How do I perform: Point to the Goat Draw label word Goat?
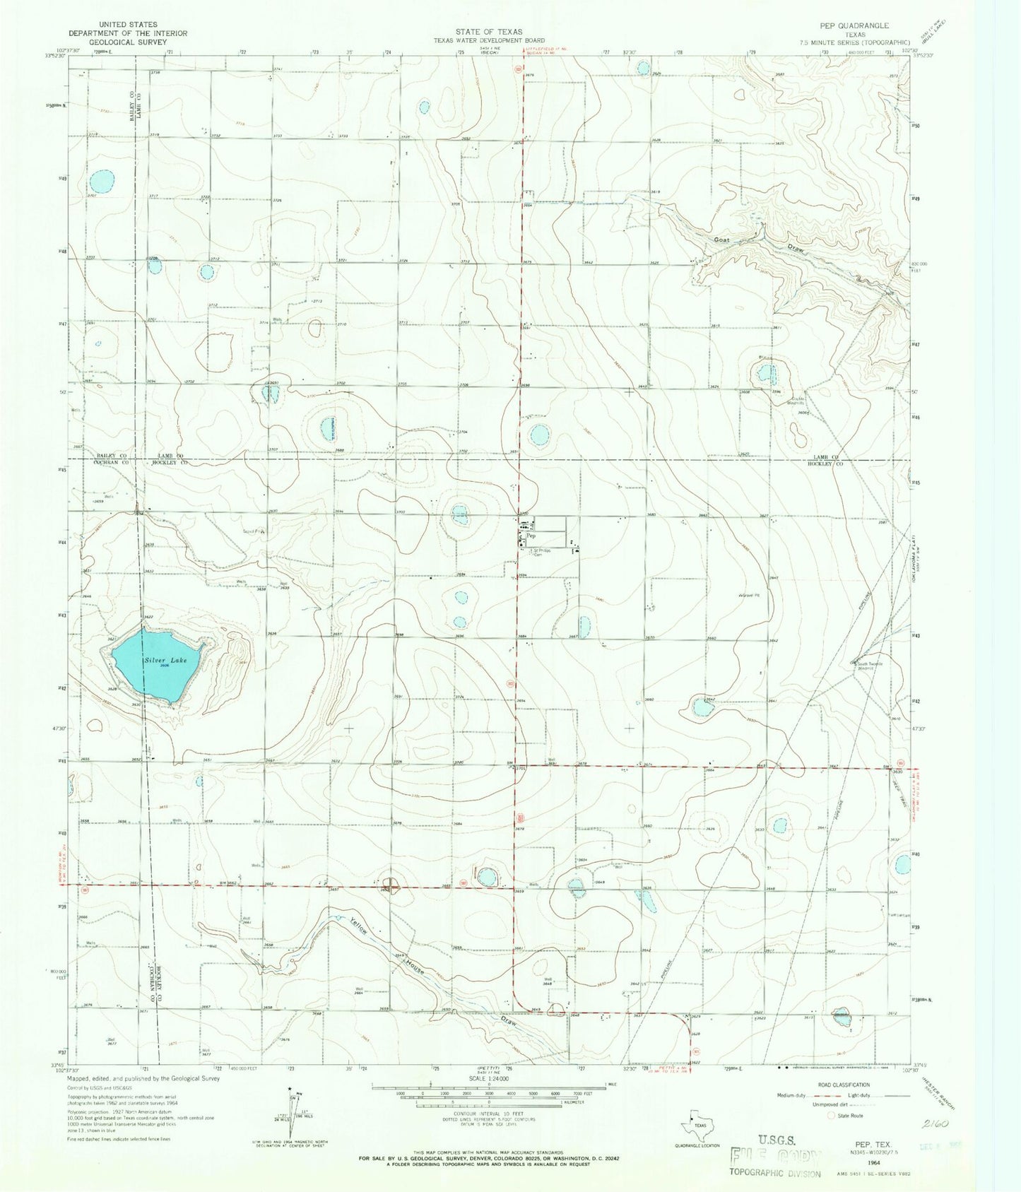[x=721, y=240]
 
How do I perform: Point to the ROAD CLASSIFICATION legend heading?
[x=854, y=1085]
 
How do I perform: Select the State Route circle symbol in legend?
[x=831, y=1116]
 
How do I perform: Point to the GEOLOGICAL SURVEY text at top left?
[x=118, y=42]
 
